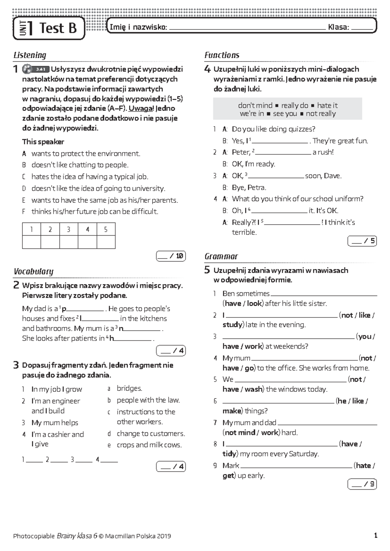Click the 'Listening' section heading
coord(30,55)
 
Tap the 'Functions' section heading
coord(222,55)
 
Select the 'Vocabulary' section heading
coord(33,272)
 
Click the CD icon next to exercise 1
coord(27,69)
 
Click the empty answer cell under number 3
coord(69,242)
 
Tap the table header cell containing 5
coord(106,229)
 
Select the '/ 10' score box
coord(171,256)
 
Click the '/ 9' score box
coord(362,484)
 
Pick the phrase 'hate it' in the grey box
coord(327,105)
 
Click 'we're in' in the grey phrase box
coord(252,114)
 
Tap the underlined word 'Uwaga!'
coord(141,109)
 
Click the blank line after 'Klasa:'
coord(362,28)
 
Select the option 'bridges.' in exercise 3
coord(129,388)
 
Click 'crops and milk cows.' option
coord(149,445)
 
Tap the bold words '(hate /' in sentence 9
coord(364,466)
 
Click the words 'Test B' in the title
coord(58,28)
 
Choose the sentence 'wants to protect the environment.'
coord(86,153)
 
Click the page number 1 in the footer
coord(376,536)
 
